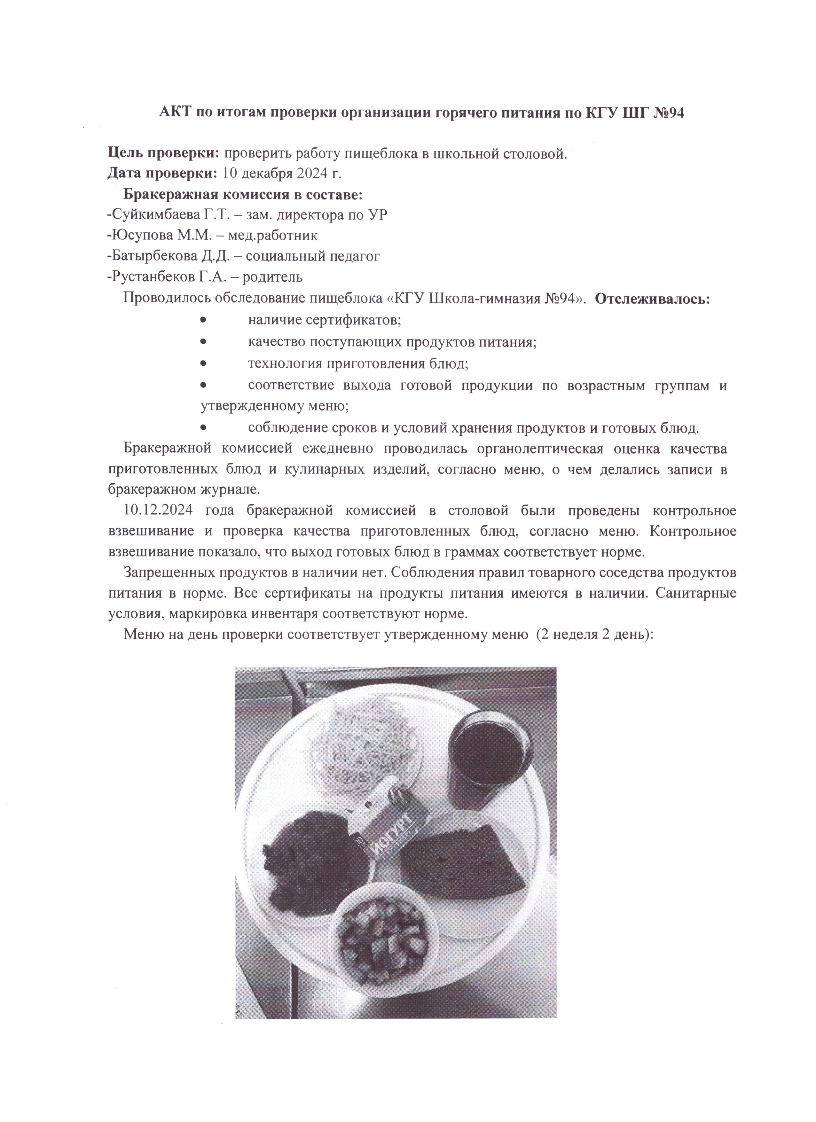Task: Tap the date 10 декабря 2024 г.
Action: click(282, 174)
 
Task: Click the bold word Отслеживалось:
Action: click(652, 299)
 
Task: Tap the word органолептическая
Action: click(540, 449)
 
